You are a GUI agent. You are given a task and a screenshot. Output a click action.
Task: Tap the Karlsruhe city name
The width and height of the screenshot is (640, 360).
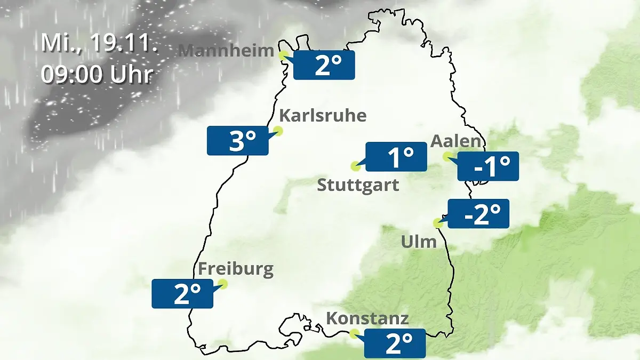pos(323,116)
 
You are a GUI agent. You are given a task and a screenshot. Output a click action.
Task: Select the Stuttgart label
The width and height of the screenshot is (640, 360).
pos(358,186)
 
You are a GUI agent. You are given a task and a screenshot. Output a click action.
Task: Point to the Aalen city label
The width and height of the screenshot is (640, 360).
pos(455,142)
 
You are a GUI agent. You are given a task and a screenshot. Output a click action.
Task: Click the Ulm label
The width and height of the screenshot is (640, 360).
pos(419,242)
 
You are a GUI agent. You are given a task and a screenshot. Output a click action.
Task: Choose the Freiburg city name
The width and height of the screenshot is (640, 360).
pos(236,269)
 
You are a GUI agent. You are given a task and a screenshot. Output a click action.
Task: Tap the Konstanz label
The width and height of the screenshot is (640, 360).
pos(367,319)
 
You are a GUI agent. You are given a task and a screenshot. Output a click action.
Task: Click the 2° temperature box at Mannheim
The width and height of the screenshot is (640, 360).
pos(324,65)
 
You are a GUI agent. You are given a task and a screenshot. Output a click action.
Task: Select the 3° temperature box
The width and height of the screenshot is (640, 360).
pos(237,141)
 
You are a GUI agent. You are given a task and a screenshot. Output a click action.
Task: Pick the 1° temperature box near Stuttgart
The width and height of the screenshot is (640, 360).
pos(396,157)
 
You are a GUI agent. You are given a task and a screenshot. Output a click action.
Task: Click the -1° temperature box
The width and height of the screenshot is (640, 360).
pos(488,166)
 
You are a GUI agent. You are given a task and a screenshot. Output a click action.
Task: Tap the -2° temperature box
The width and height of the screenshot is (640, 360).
pos(478,214)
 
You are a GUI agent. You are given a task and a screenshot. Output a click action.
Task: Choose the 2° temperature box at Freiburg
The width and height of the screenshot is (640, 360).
pos(182,293)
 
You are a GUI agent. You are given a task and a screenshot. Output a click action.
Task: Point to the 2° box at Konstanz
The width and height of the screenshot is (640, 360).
pos(395,343)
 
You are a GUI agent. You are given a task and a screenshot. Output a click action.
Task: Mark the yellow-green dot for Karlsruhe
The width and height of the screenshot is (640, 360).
pos(278,131)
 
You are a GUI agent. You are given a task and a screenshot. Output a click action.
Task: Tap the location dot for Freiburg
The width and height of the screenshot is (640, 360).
pos(222,284)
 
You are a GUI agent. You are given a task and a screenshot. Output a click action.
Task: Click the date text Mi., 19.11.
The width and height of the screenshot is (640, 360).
pos(99,43)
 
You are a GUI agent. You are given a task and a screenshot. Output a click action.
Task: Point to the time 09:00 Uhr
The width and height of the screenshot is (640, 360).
pos(97,75)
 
